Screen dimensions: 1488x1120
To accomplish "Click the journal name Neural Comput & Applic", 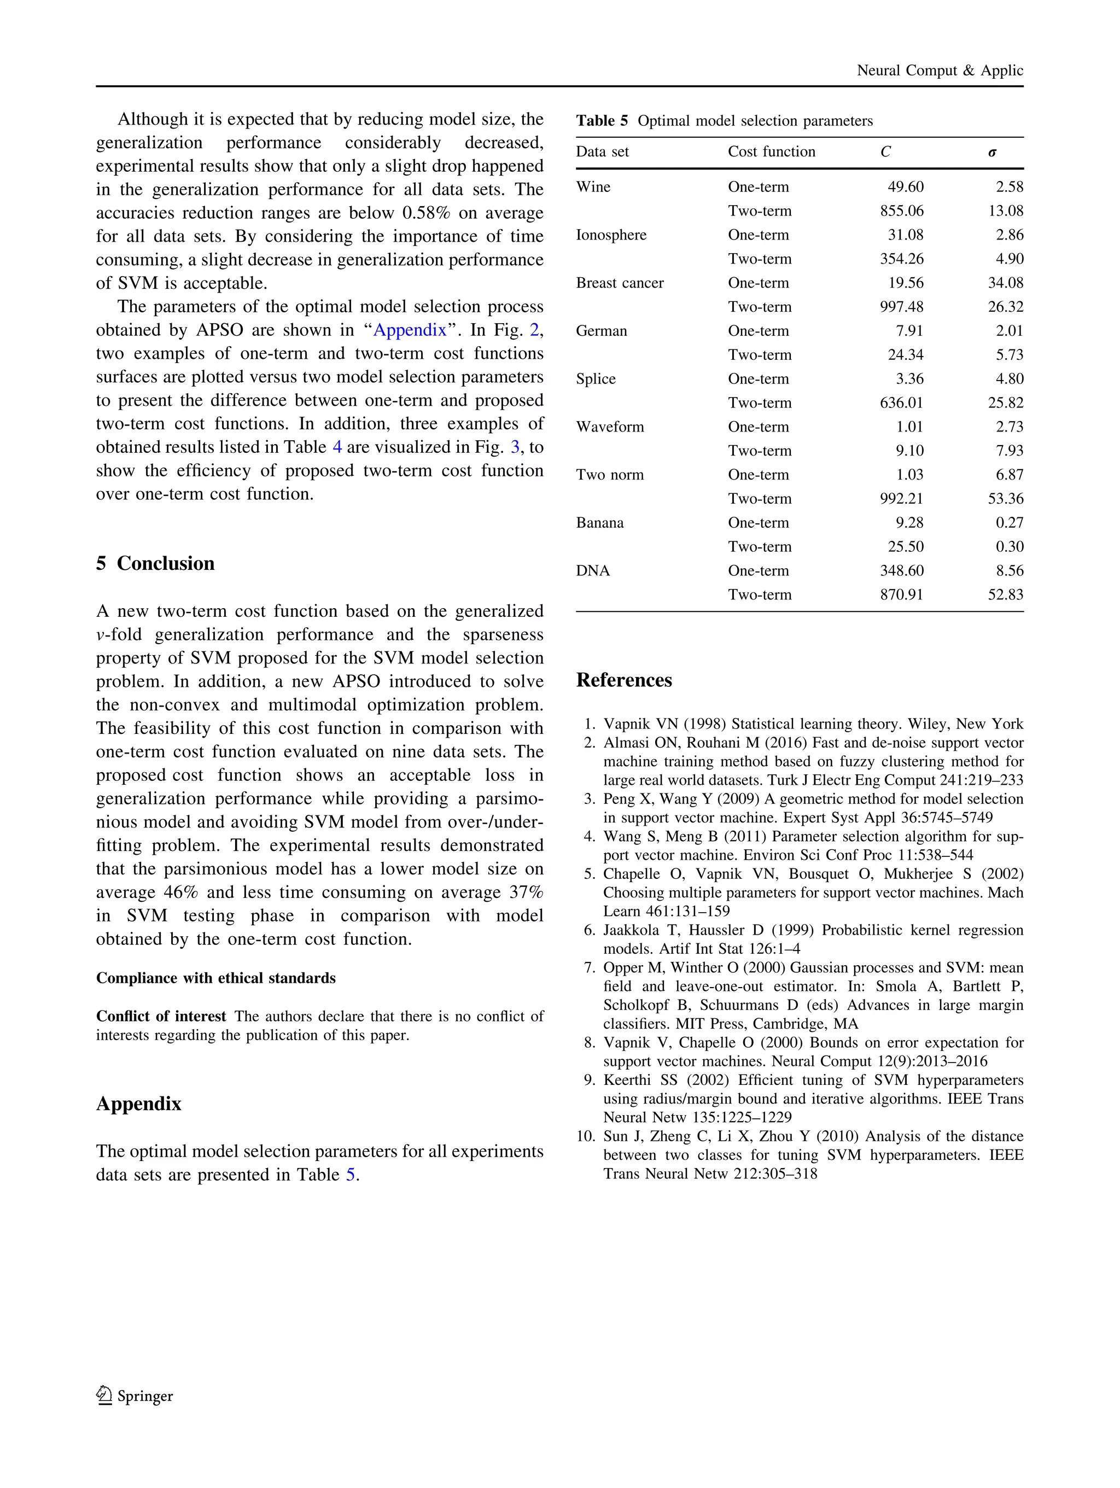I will tap(939, 71).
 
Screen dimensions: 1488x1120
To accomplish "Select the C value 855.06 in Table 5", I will tap(901, 211).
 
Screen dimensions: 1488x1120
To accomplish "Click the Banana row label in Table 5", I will tap(599, 523).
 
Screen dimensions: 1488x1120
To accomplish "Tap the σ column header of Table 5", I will tap(991, 152).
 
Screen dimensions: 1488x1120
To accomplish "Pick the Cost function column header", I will tap(771, 152).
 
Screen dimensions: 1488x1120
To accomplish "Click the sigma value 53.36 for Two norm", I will tap(1005, 499).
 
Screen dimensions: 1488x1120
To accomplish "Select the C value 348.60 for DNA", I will tap(901, 570).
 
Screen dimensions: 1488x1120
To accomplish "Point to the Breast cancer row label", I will tap(620, 283).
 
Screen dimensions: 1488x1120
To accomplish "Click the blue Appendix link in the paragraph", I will tap(410, 330).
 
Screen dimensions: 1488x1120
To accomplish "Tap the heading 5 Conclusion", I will tap(155, 563).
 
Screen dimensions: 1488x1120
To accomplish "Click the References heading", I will tap(623, 680).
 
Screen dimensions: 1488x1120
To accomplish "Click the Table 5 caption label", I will tap(602, 121).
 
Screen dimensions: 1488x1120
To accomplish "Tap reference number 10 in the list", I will tap(585, 1136).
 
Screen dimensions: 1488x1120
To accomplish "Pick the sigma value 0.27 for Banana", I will tap(1009, 523).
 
